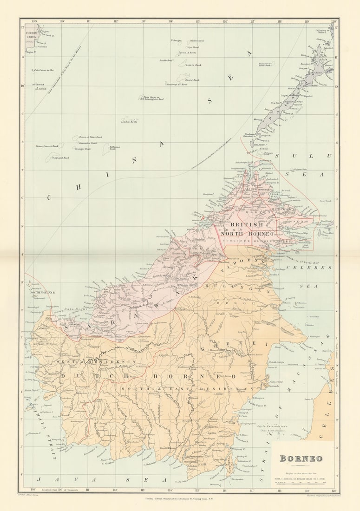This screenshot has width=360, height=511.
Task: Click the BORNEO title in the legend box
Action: coord(301,459)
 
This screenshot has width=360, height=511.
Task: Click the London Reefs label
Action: coord(129,122)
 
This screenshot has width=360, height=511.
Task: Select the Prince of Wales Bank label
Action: coord(90,138)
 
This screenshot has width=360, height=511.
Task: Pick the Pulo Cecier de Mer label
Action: coord(44,70)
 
